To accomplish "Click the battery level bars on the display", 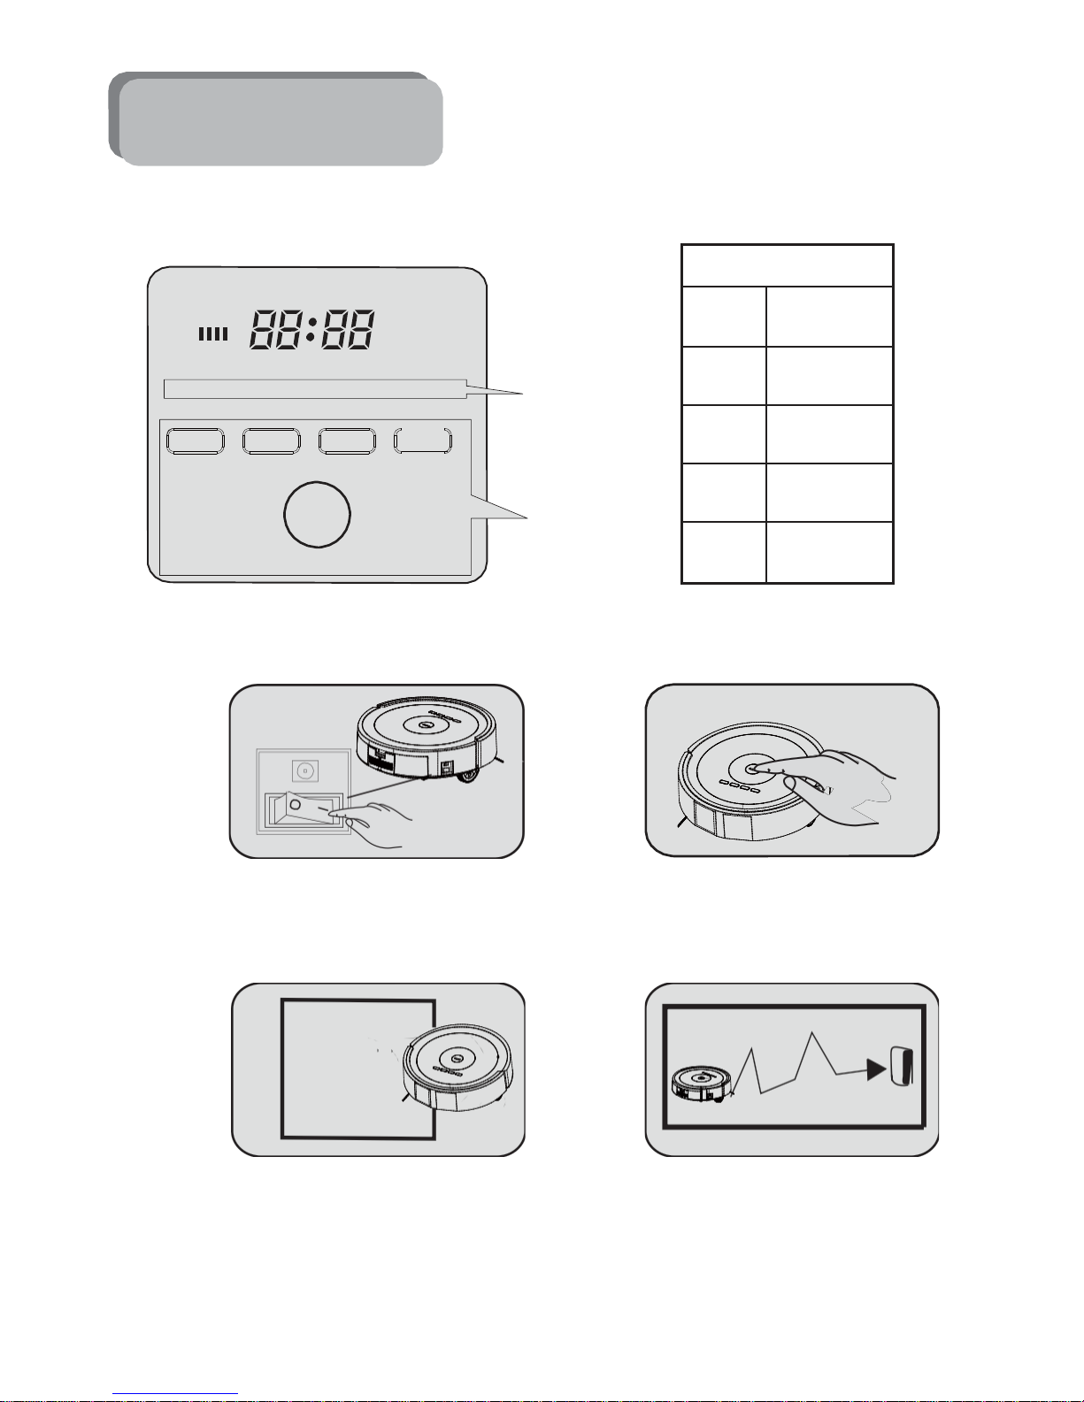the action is tap(213, 333).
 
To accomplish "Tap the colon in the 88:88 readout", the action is tap(310, 329).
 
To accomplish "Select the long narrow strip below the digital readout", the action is tap(315, 389).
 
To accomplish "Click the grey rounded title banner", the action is tap(275, 119).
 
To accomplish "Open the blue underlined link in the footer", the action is tap(175, 1394).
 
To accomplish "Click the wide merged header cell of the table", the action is tap(788, 266).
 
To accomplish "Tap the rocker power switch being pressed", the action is tap(304, 808).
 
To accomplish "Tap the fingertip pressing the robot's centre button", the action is tap(758, 768).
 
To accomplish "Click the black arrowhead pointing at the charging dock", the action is tap(875, 1069).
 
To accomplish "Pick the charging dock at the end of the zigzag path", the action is tap(902, 1067).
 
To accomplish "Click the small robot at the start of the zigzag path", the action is tap(702, 1084).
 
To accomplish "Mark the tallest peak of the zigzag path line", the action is tap(811, 1033).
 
